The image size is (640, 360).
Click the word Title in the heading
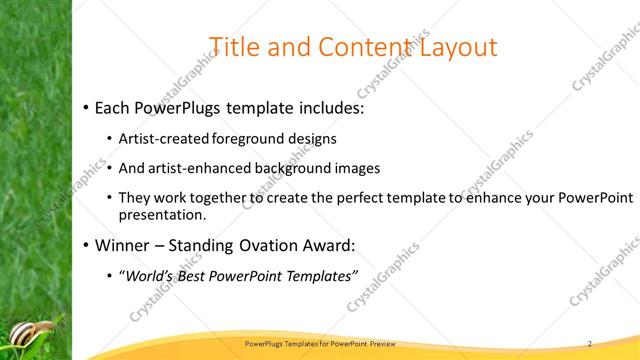pos(233,46)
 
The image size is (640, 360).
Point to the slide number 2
pos(590,343)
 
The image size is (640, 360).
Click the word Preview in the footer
pos(369,343)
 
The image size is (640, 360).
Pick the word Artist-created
pos(158,138)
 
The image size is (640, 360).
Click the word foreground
pos(238,138)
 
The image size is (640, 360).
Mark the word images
pos(354,168)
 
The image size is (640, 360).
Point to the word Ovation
pos(260,244)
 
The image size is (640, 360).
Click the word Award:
pos(329,244)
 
